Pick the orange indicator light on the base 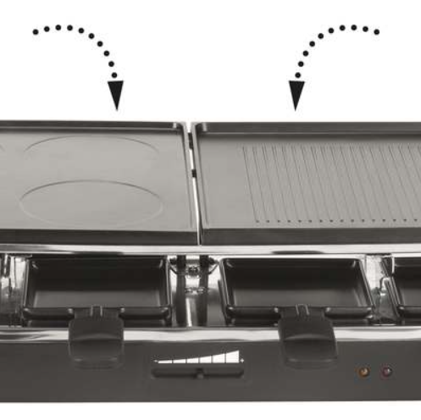point(363,371)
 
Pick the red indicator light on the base point(387,371)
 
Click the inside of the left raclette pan point(97,284)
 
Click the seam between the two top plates point(191,182)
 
